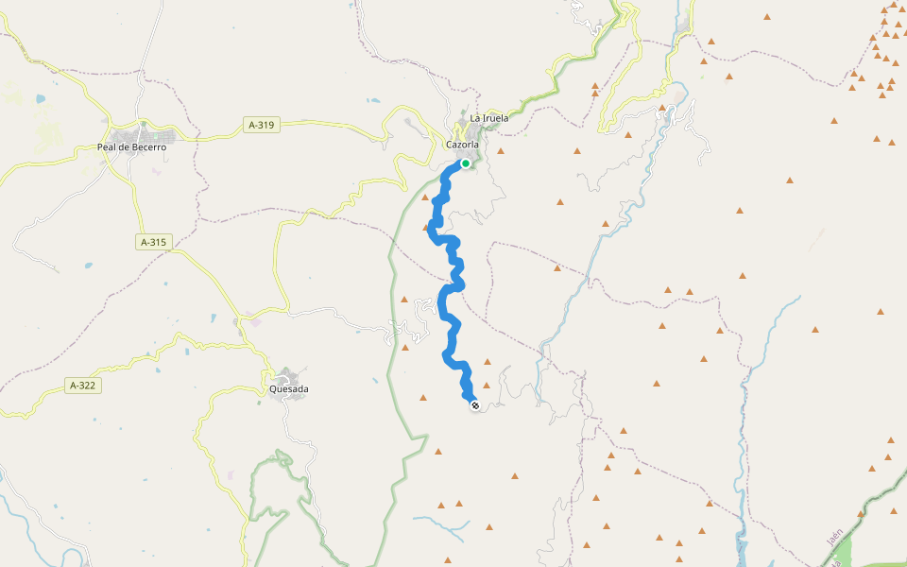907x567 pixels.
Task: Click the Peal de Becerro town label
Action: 131,146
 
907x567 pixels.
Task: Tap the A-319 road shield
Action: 263,124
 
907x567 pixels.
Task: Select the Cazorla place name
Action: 463,145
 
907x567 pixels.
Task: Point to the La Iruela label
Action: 489,118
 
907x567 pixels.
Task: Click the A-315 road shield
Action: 153,242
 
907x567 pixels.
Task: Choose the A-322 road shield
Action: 85,385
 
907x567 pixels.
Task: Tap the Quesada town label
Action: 289,388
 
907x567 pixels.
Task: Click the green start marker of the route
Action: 466,163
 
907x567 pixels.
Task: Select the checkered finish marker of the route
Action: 474,405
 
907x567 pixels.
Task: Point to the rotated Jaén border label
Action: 834,538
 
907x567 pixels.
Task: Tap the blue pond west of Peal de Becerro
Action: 40,98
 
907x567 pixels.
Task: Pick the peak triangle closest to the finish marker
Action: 487,385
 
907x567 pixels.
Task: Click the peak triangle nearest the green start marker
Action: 500,150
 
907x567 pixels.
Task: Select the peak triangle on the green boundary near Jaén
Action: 861,514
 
